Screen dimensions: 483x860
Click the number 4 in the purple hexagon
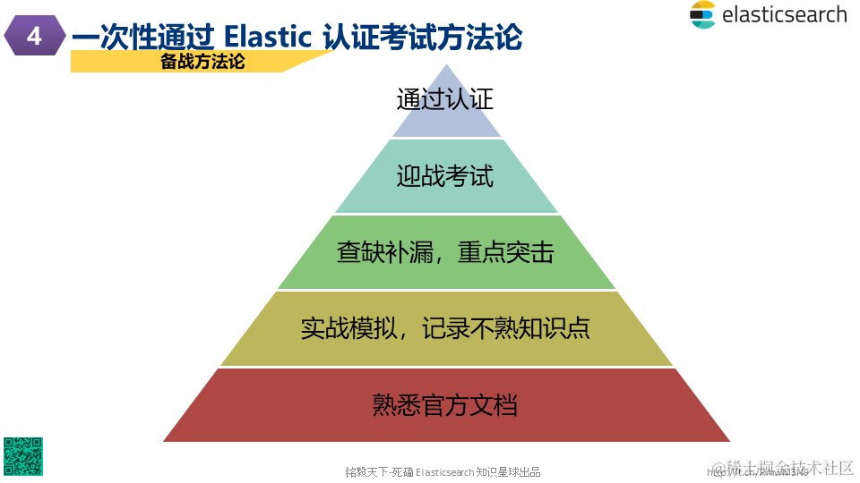(34, 37)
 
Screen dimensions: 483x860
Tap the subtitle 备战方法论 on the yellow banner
(202, 61)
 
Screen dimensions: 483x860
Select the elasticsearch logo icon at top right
(702, 14)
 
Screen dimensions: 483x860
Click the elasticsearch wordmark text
(783, 14)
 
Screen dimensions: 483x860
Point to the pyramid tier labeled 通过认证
(445, 99)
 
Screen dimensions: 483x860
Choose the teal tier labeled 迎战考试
(445, 175)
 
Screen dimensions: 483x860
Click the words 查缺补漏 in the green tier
(374, 252)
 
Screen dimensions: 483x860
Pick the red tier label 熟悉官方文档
(445, 404)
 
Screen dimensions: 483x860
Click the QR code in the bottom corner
(22, 455)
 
